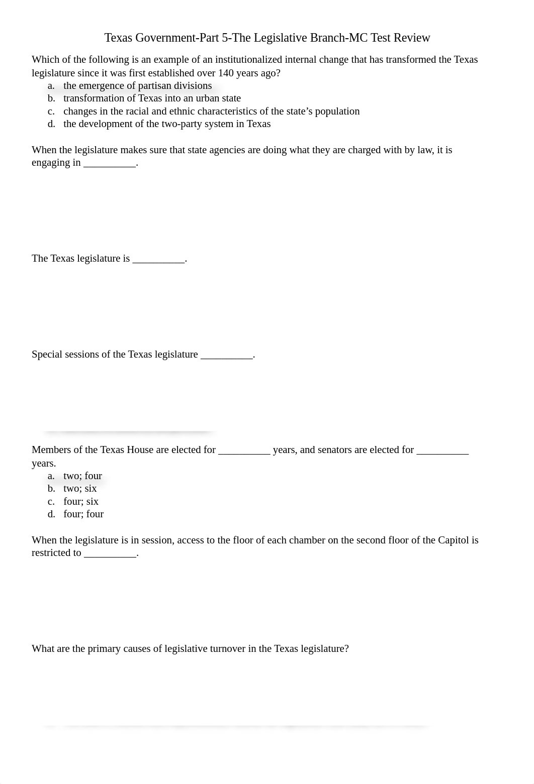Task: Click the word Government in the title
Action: point(166,38)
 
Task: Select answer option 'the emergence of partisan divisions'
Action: point(137,86)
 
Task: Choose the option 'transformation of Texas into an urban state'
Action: point(152,98)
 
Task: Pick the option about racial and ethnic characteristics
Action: point(211,111)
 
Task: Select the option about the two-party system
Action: point(166,124)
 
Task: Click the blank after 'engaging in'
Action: point(110,163)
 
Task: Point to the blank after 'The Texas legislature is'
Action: point(158,259)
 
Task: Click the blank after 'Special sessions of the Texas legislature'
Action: point(226,355)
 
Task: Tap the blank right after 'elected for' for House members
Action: point(244,451)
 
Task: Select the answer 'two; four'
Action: point(82,476)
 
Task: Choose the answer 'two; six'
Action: point(80,489)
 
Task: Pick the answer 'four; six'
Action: point(81,502)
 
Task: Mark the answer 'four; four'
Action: point(83,514)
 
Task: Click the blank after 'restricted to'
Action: point(110,553)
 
